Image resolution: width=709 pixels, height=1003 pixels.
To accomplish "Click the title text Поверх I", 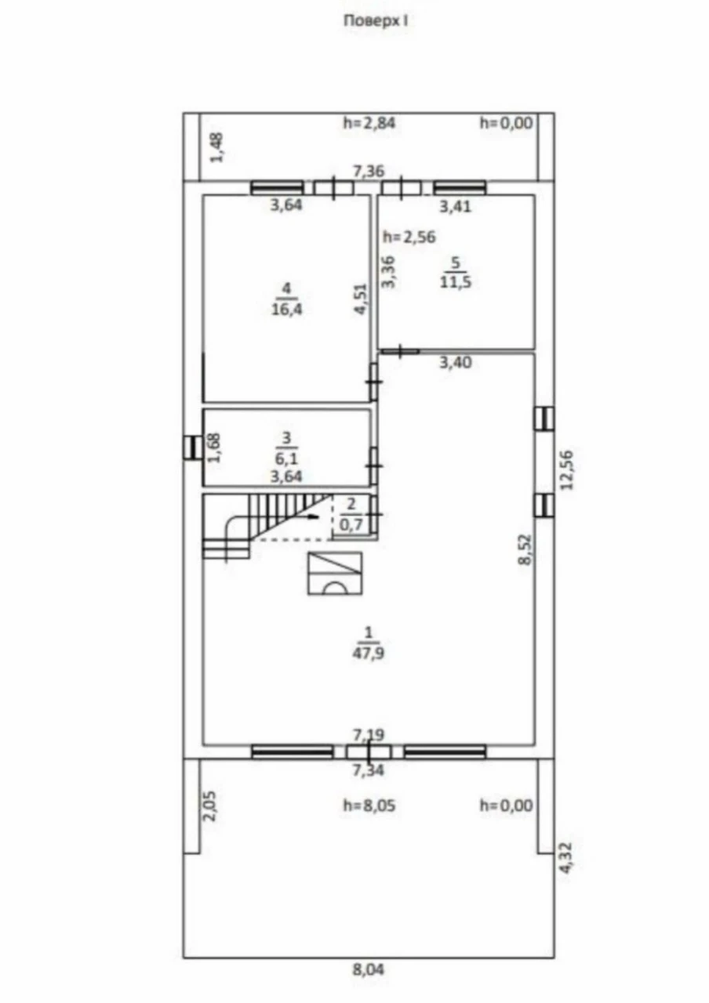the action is tap(376, 21).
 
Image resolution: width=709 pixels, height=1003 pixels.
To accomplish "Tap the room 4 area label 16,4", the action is tap(286, 309).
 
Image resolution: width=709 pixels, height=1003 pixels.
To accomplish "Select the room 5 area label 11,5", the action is tap(456, 282).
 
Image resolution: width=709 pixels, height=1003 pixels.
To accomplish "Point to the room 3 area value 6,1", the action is tap(286, 458).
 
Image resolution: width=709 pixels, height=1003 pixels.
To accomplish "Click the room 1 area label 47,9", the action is tap(368, 653).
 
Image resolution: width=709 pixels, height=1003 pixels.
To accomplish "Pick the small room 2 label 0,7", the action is tap(351, 523).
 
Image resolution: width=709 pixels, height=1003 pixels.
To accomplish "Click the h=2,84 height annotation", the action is tap(369, 123).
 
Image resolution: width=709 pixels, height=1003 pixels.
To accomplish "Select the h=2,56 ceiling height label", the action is tap(409, 237).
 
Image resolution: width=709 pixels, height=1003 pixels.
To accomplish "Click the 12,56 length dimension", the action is tap(566, 469).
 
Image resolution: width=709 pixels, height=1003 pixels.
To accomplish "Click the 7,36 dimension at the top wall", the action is tap(369, 171).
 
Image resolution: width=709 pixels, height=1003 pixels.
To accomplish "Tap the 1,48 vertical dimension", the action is tap(217, 147).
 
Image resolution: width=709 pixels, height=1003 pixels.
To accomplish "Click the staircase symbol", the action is tap(268, 526).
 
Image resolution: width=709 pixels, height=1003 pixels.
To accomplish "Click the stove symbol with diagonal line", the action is tap(335, 574).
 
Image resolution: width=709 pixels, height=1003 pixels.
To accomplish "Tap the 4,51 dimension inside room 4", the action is tap(362, 299).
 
